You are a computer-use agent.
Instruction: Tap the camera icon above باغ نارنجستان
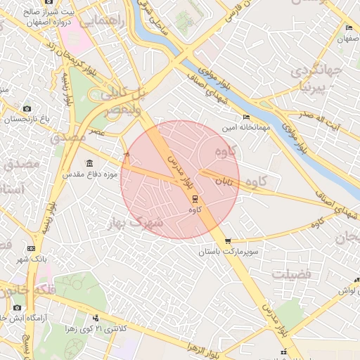pyautogui.click(x=27, y=108)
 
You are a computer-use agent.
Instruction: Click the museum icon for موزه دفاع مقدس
pyautogui.click(x=89, y=163)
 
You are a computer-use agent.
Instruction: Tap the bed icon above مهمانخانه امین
pyautogui.click(x=245, y=117)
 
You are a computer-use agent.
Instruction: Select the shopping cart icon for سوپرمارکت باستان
pyautogui.click(x=227, y=241)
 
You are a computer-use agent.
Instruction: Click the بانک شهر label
pyautogui.click(x=31, y=259)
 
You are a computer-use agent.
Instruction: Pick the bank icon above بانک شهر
pyautogui.click(x=31, y=248)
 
